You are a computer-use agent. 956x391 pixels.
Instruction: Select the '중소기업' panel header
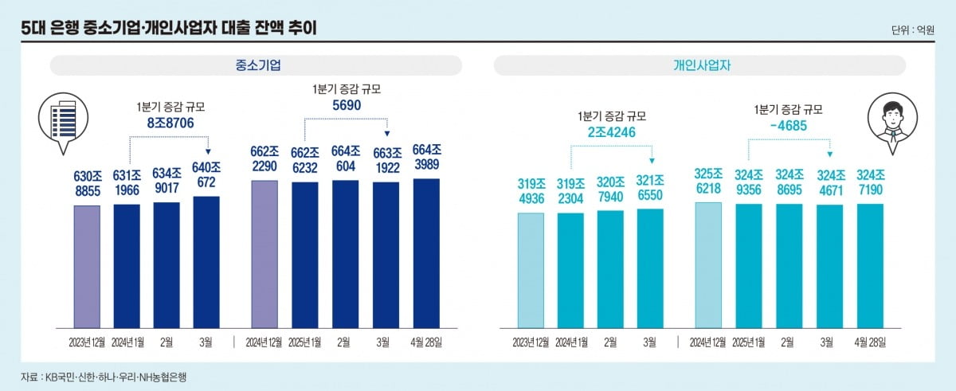click(257, 65)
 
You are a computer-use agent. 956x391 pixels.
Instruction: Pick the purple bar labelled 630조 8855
click(87, 266)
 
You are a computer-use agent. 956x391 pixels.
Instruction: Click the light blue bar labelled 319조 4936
click(531, 270)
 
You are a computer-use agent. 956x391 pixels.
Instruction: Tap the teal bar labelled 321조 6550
click(650, 268)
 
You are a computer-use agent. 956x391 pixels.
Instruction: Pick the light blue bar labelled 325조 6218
click(708, 264)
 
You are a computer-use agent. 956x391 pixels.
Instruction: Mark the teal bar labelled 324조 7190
click(870, 265)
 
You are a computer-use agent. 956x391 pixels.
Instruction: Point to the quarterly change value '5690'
click(345, 104)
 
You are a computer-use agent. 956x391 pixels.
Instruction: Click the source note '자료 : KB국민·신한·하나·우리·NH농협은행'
click(104, 376)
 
